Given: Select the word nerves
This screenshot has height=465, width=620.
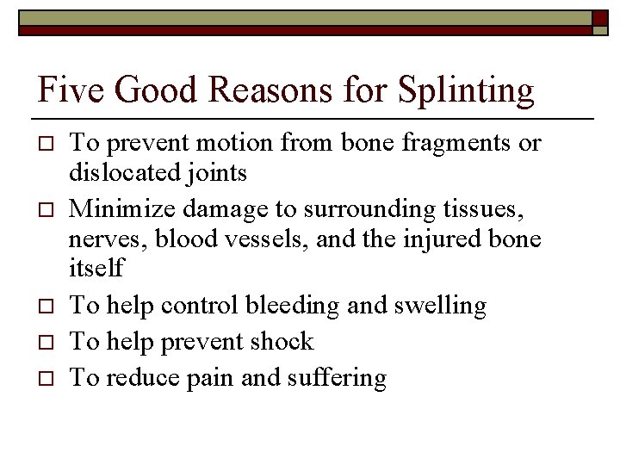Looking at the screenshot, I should tap(102, 239).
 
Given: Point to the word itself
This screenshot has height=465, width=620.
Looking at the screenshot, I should tap(96, 268).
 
